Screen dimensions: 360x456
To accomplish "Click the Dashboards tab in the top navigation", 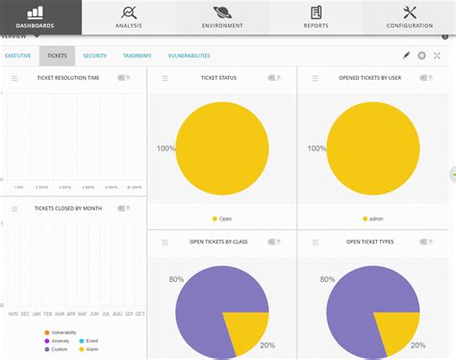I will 40,16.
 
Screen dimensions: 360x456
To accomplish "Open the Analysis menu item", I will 128,16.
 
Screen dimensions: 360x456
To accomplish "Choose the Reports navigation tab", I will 315,16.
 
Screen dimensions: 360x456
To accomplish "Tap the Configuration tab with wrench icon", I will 410,16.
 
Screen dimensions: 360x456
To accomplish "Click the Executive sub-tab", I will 18,57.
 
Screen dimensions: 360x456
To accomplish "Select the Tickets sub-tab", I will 57,57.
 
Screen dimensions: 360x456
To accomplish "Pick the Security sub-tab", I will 94,57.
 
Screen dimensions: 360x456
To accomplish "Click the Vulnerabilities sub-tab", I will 189,57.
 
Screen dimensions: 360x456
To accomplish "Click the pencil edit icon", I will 406,57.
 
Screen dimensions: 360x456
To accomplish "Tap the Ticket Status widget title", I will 219,77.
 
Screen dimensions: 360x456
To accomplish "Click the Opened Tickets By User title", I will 370,77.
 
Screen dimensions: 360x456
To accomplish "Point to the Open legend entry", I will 221,219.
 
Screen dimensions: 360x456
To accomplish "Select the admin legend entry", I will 372,219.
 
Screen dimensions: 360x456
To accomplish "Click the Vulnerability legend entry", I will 61,332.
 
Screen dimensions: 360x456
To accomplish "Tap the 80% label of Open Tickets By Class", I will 164,279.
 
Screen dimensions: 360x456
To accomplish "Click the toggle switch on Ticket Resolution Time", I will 124,77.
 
